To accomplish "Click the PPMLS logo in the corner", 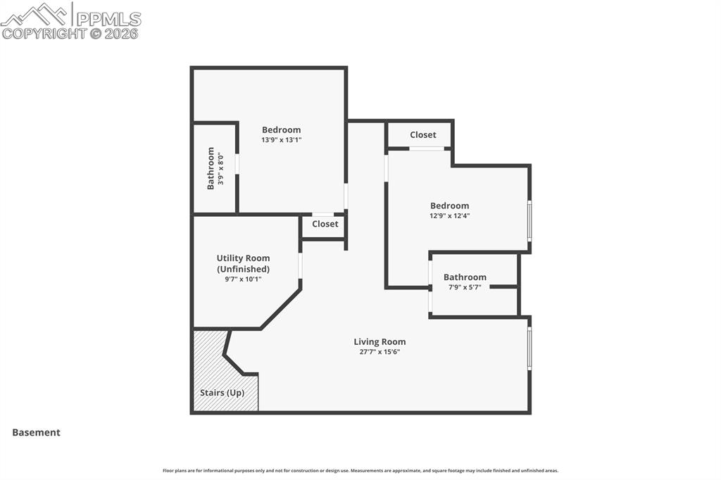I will (x=70, y=20).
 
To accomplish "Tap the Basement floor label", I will (x=36, y=433).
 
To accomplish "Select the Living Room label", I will (x=380, y=342).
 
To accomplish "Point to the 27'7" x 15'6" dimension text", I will (x=380, y=352).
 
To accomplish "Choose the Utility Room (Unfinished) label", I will (x=243, y=263).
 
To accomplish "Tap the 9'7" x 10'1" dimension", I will (x=243, y=279).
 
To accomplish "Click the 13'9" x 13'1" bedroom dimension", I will (x=281, y=139).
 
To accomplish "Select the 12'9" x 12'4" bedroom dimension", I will (x=449, y=216).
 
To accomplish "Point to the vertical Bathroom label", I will (x=211, y=168).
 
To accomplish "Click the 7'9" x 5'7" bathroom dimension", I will (x=465, y=287).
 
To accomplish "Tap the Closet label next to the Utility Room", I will (x=325, y=224).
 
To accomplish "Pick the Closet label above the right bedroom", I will (x=422, y=134).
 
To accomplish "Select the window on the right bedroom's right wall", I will (x=529, y=221).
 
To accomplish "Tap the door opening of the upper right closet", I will (x=427, y=149).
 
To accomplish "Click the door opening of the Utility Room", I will (x=300, y=265).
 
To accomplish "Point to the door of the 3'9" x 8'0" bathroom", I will (x=237, y=163).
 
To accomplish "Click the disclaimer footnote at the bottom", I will (x=360, y=471).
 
